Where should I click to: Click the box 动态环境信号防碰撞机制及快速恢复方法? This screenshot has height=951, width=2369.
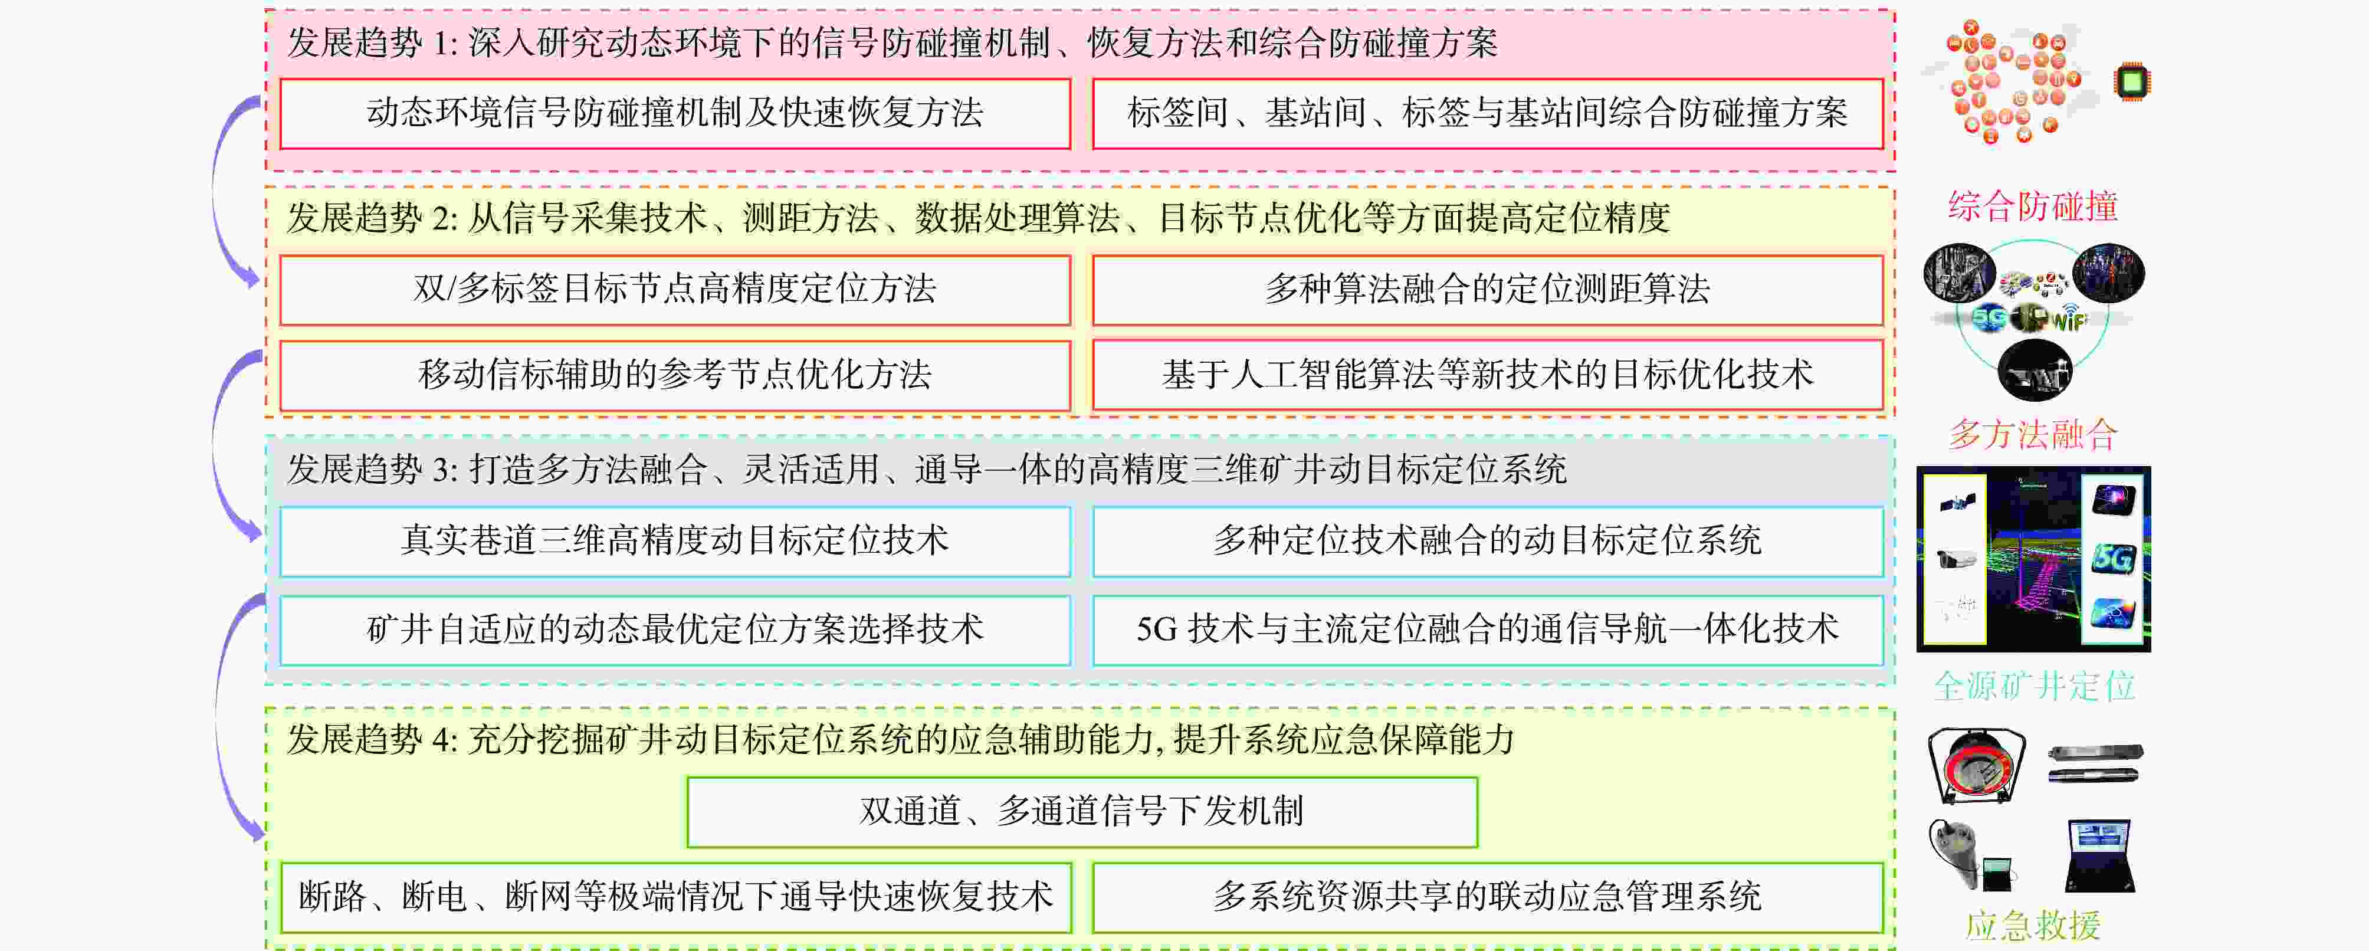[675, 113]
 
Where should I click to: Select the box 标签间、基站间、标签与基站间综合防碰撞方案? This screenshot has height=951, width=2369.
[1487, 113]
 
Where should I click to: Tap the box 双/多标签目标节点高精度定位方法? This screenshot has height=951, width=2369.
[675, 290]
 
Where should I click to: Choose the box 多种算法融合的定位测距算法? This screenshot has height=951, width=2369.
[1487, 290]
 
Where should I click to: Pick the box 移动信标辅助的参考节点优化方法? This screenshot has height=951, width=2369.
[675, 375]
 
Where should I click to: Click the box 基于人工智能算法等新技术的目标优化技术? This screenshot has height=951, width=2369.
[1487, 375]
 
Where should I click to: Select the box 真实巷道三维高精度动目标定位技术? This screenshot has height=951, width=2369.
[675, 541]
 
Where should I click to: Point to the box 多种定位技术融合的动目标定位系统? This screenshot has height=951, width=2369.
[1487, 541]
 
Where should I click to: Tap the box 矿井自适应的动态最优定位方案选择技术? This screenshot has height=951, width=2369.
[675, 630]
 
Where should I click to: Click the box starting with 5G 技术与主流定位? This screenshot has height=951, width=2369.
[1487, 630]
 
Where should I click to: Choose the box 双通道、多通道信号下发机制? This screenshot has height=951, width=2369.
[1081, 812]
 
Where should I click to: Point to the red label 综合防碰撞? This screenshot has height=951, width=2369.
[2032, 206]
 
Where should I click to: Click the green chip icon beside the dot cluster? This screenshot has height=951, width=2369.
[2132, 82]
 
